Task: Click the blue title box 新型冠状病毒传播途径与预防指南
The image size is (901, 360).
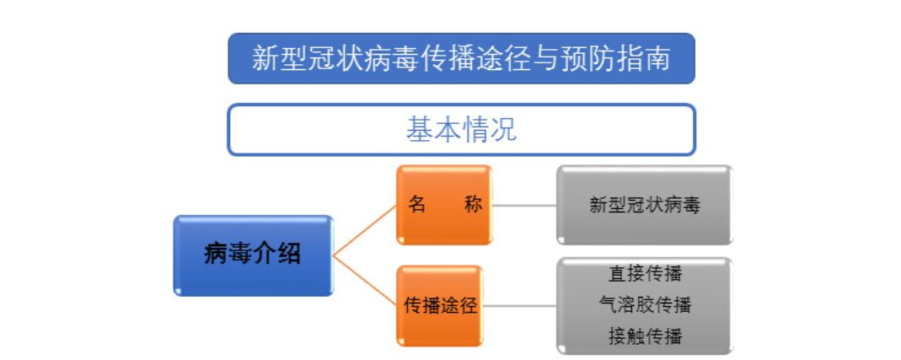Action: pyautogui.click(x=461, y=58)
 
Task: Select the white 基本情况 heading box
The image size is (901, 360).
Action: pyautogui.click(x=461, y=130)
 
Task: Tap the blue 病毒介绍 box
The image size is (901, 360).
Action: pyautogui.click(x=253, y=255)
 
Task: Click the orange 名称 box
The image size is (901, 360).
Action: pyautogui.click(x=444, y=205)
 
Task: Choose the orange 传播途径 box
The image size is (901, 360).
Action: pyautogui.click(x=440, y=305)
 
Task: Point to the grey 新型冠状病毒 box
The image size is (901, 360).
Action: pyautogui.click(x=644, y=205)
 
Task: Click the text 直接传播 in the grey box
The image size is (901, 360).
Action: pyautogui.click(x=645, y=274)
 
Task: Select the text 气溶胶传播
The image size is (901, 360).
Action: pyautogui.click(x=645, y=304)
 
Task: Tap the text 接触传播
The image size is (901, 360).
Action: pyautogui.click(x=645, y=336)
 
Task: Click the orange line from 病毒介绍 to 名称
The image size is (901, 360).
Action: pyautogui.click(x=365, y=230)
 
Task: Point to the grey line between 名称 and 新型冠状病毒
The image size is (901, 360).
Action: pyautogui.click(x=524, y=205)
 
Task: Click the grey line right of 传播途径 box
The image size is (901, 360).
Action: pyautogui.click(x=520, y=305)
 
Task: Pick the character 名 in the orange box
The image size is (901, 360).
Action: pyautogui.click(x=417, y=205)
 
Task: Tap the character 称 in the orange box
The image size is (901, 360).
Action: pyautogui.click(x=472, y=205)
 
